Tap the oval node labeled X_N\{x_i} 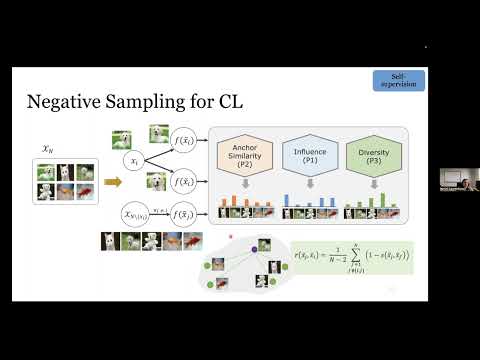(x=137, y=213)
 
